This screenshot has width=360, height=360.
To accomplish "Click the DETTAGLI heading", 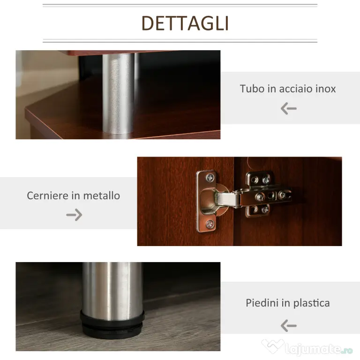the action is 185,23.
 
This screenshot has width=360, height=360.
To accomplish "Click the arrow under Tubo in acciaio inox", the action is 289,108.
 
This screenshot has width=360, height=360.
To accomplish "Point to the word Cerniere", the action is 48,195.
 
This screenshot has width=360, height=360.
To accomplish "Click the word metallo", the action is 101,195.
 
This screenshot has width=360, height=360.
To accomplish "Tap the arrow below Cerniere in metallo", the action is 74,215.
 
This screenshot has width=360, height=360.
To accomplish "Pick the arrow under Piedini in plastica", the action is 289,326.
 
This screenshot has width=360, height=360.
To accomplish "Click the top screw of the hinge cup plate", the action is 210,178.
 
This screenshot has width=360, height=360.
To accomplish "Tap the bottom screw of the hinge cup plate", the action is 210,225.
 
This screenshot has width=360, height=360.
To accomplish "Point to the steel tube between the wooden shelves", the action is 119,93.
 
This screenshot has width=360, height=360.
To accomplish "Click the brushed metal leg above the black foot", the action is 112,291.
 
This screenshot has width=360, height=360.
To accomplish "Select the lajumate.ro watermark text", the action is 319,349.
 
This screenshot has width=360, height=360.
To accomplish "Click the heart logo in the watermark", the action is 272,345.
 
